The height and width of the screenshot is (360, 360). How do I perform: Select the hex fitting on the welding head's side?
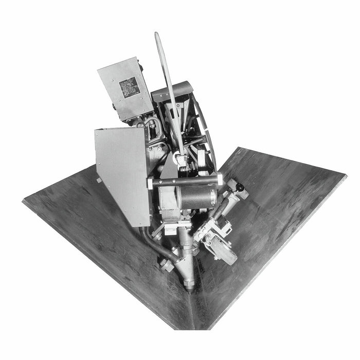tap(166, 265)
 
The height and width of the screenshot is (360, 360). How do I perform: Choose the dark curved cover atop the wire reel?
tap(173, 91)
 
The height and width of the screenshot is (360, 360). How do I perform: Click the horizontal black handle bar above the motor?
tap(185, 181)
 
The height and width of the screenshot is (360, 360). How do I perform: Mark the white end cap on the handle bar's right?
tap(220, 178)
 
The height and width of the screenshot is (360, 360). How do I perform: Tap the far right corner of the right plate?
tap(346, 177)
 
